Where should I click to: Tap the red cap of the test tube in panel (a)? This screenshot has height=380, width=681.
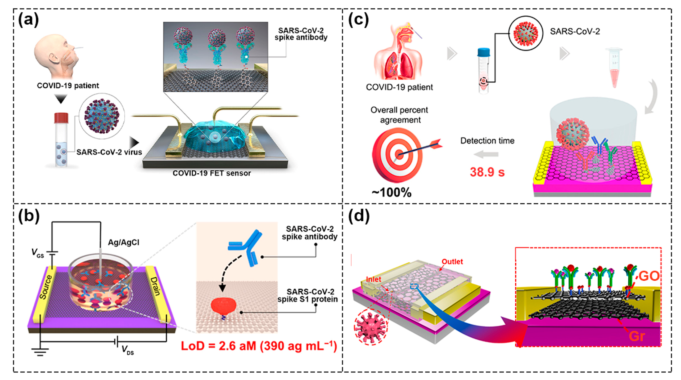tap(61, 118)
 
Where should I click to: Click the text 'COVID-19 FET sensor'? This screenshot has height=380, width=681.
tap(211, 173)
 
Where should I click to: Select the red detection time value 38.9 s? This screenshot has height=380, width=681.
tap(487, 172)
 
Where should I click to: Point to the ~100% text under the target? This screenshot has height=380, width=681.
tap(391, 192)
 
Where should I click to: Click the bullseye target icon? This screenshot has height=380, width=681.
tap(398, 155)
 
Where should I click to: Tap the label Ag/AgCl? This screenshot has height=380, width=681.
tap(124, 242)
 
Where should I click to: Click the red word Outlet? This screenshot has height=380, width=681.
tap(452, 262)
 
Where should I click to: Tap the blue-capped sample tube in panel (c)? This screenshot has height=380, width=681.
tap(484, 70)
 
